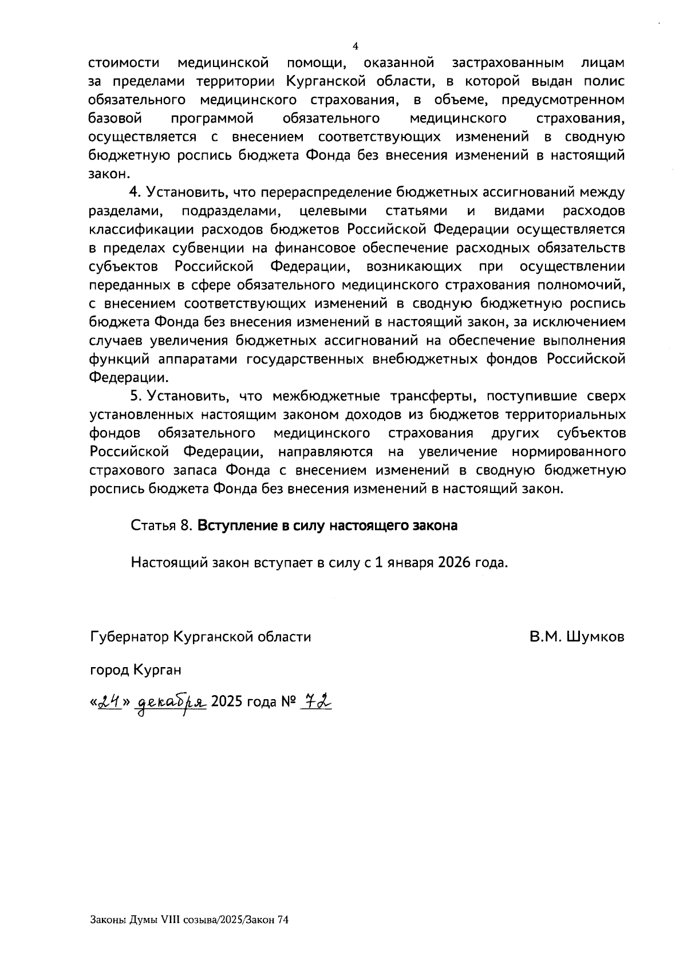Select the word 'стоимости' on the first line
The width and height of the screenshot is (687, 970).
click(124, 62)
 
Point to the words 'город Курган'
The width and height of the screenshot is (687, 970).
click(136, 669)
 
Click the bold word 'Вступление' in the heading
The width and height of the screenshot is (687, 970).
click(232, 526)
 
